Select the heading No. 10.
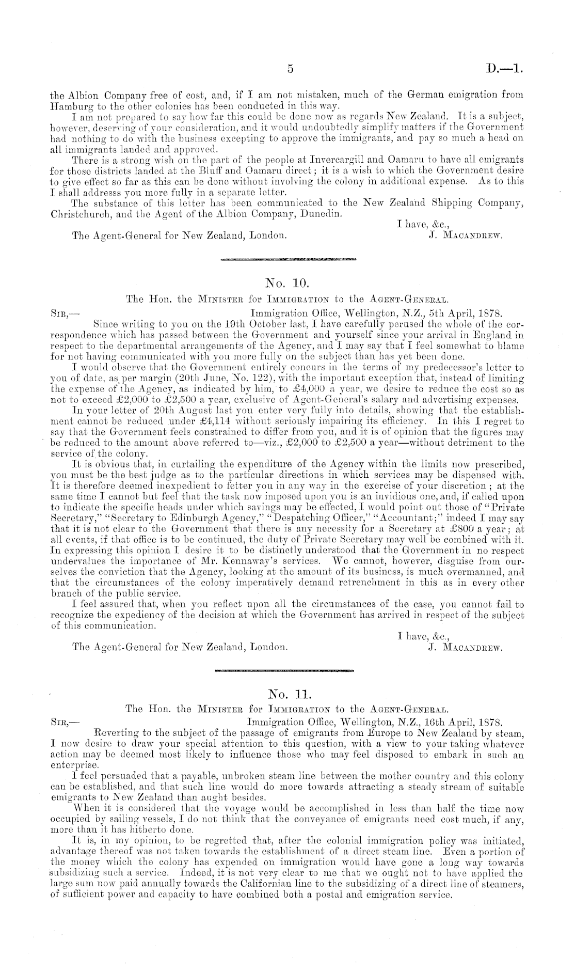point(287,283)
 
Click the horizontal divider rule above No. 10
point(287,258)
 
